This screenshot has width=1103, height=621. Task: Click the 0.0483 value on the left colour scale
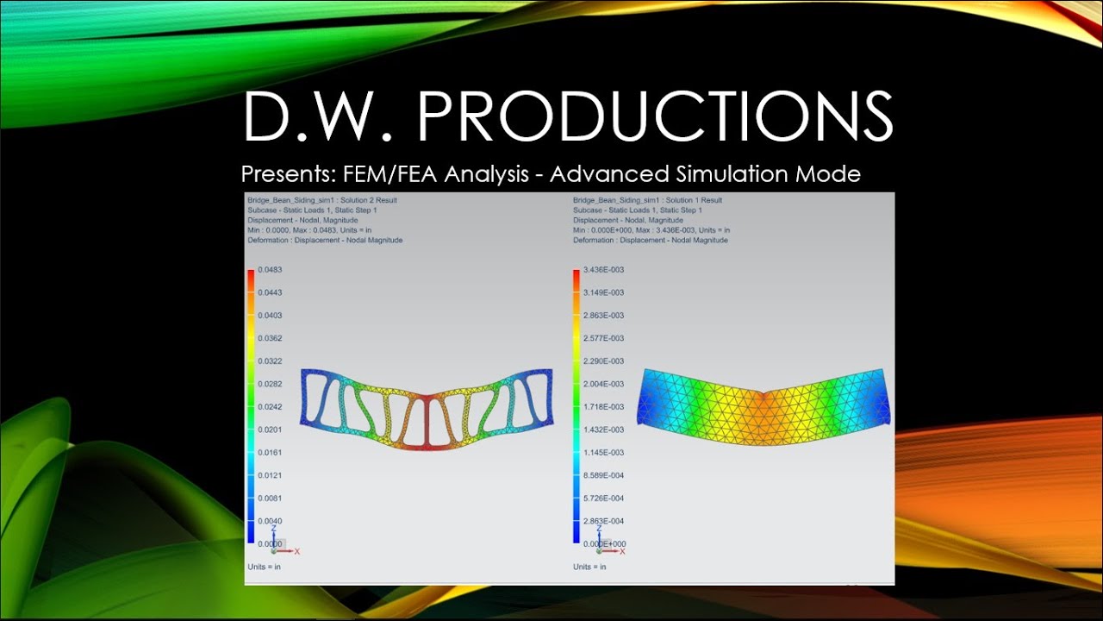270,270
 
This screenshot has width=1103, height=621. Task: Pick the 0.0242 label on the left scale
270,407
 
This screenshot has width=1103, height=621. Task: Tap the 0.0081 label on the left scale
270,499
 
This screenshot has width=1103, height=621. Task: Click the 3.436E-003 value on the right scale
603,270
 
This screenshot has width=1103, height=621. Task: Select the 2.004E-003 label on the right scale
603,384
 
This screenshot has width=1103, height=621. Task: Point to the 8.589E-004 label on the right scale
603,475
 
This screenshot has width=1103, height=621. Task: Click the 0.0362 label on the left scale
270,338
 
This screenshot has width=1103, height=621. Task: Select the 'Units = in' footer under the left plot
264,567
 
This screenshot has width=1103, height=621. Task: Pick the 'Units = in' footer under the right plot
589,567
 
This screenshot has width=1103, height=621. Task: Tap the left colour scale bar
251,405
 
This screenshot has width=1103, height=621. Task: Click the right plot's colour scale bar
576,405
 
